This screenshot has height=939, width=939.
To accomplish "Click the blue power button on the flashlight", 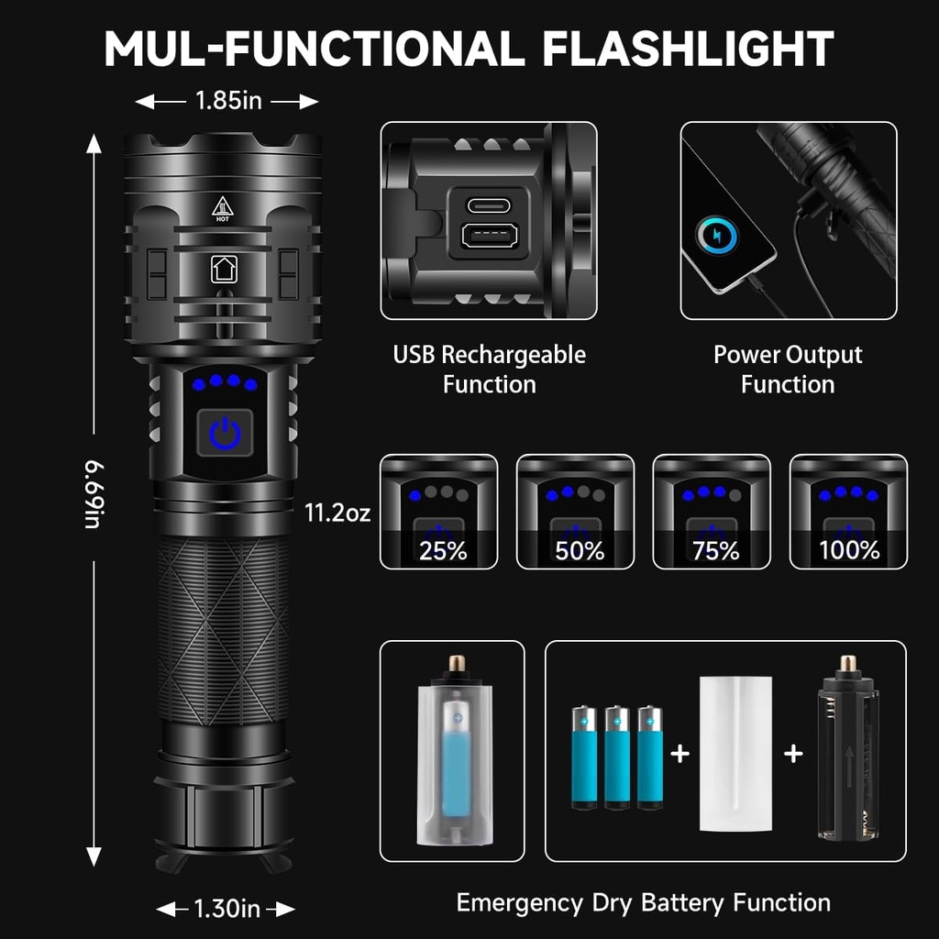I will coord(225,432).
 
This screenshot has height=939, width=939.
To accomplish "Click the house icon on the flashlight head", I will coord(224,269).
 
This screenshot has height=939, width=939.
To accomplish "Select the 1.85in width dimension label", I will coord(227,101).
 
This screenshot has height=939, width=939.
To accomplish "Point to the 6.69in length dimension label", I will coord(94,495).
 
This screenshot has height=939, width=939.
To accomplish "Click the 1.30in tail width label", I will coord(226,909).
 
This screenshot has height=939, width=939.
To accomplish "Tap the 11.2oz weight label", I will coord(337,513).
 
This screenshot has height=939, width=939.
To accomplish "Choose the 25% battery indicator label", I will coord(442,551).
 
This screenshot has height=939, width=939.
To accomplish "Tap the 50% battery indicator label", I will coord(579,551).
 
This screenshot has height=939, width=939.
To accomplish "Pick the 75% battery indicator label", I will coord(715,551).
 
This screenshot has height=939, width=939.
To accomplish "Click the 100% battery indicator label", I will coord(849,551).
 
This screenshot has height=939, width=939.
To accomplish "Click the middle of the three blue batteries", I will coord(617,757).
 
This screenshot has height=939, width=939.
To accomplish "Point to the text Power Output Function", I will coord(788,369).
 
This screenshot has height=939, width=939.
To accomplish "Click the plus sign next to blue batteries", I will coord(679,754).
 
